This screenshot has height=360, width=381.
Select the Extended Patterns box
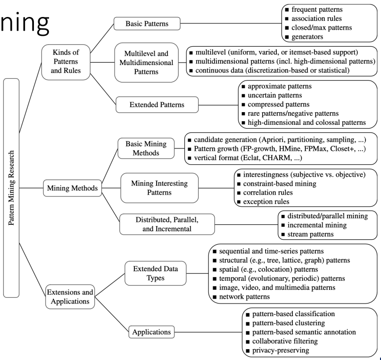coord(149,104)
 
